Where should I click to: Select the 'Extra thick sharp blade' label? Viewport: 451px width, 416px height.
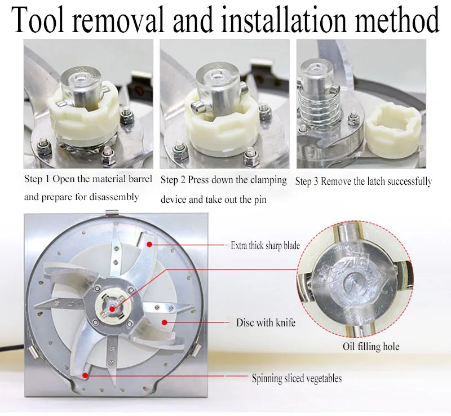tap(265, 245)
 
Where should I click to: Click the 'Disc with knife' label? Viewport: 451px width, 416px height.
tap(266, 322)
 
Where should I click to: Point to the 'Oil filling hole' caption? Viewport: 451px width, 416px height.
tap(371, 346)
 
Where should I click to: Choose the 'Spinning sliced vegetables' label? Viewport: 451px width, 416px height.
tap(297, 378)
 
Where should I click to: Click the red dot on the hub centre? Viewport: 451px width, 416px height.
tap(112, 309)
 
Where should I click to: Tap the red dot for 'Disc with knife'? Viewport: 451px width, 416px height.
tap(165, 322)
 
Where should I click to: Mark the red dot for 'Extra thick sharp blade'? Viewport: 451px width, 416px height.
tap(149, 244)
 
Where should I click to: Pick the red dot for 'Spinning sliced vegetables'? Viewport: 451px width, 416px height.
tap(85, 375)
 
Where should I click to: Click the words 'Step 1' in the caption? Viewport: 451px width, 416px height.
tap(37, 179)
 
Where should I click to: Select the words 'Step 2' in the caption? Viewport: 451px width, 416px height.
tap(173, 180)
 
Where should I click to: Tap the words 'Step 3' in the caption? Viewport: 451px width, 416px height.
tap(307, 182)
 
